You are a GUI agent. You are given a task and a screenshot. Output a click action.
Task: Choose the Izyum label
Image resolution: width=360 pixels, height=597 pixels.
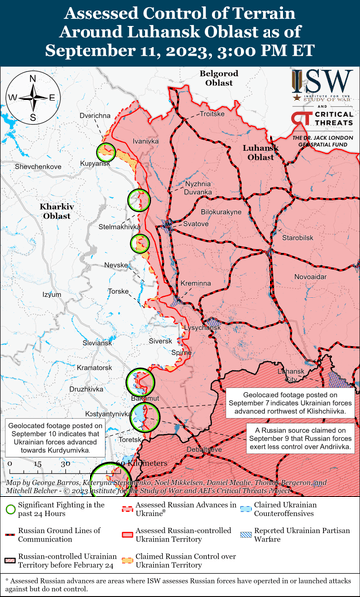click(x=51, y=294)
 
